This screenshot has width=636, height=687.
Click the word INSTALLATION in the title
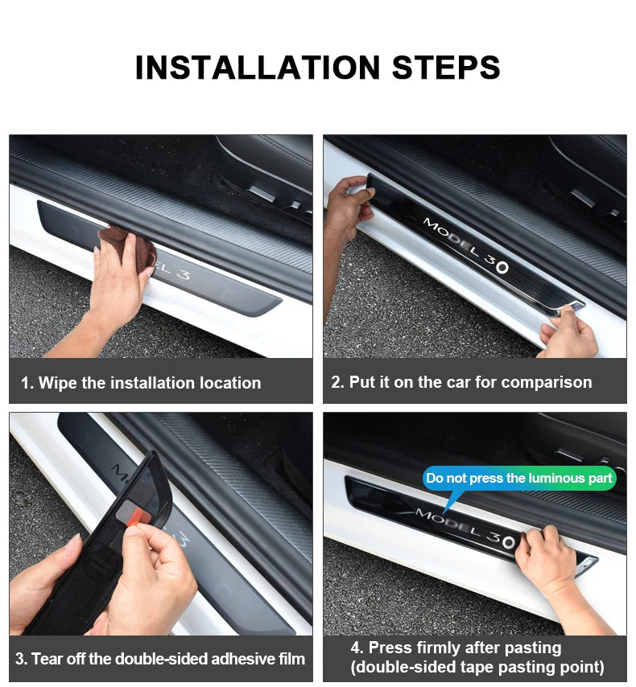[x=257, y=68]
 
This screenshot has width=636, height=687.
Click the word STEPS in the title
[x=446, y=68]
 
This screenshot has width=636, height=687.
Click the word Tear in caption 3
[x=43, y=659]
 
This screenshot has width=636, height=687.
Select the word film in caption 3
[x=291, y=659]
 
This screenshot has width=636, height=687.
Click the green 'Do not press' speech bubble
[x=519, y=478]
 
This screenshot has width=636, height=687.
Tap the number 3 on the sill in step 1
[x=184, y=274]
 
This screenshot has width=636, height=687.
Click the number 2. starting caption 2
[x=337, y=382]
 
